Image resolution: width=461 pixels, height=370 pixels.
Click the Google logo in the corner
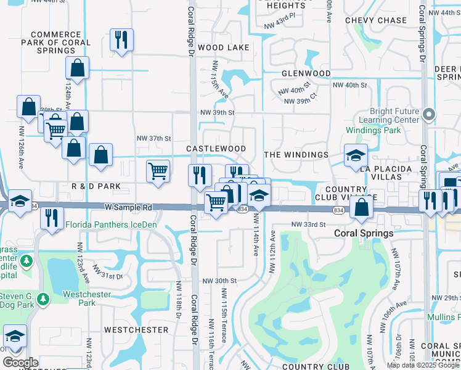point(20,362)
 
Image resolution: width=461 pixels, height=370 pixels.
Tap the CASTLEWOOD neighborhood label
point(216,149)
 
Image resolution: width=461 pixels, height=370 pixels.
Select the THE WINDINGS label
point(296,154)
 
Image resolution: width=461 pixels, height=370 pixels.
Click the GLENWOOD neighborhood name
point(306,73)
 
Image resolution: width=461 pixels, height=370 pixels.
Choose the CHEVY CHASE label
point(376,20)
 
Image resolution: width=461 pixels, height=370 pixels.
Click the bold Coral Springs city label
point(364,234)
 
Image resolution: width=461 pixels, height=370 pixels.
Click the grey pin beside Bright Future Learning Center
point(430,113)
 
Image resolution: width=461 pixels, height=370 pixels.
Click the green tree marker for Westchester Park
point(43,299)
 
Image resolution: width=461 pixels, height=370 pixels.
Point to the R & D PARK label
point(96,186)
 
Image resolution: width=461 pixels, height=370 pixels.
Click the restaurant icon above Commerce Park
point(121,40)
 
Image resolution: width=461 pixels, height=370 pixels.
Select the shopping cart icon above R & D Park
point(158,170)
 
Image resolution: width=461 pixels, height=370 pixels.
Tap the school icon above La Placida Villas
point(356,155)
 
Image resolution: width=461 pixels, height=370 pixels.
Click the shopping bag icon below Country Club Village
point(361,207)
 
